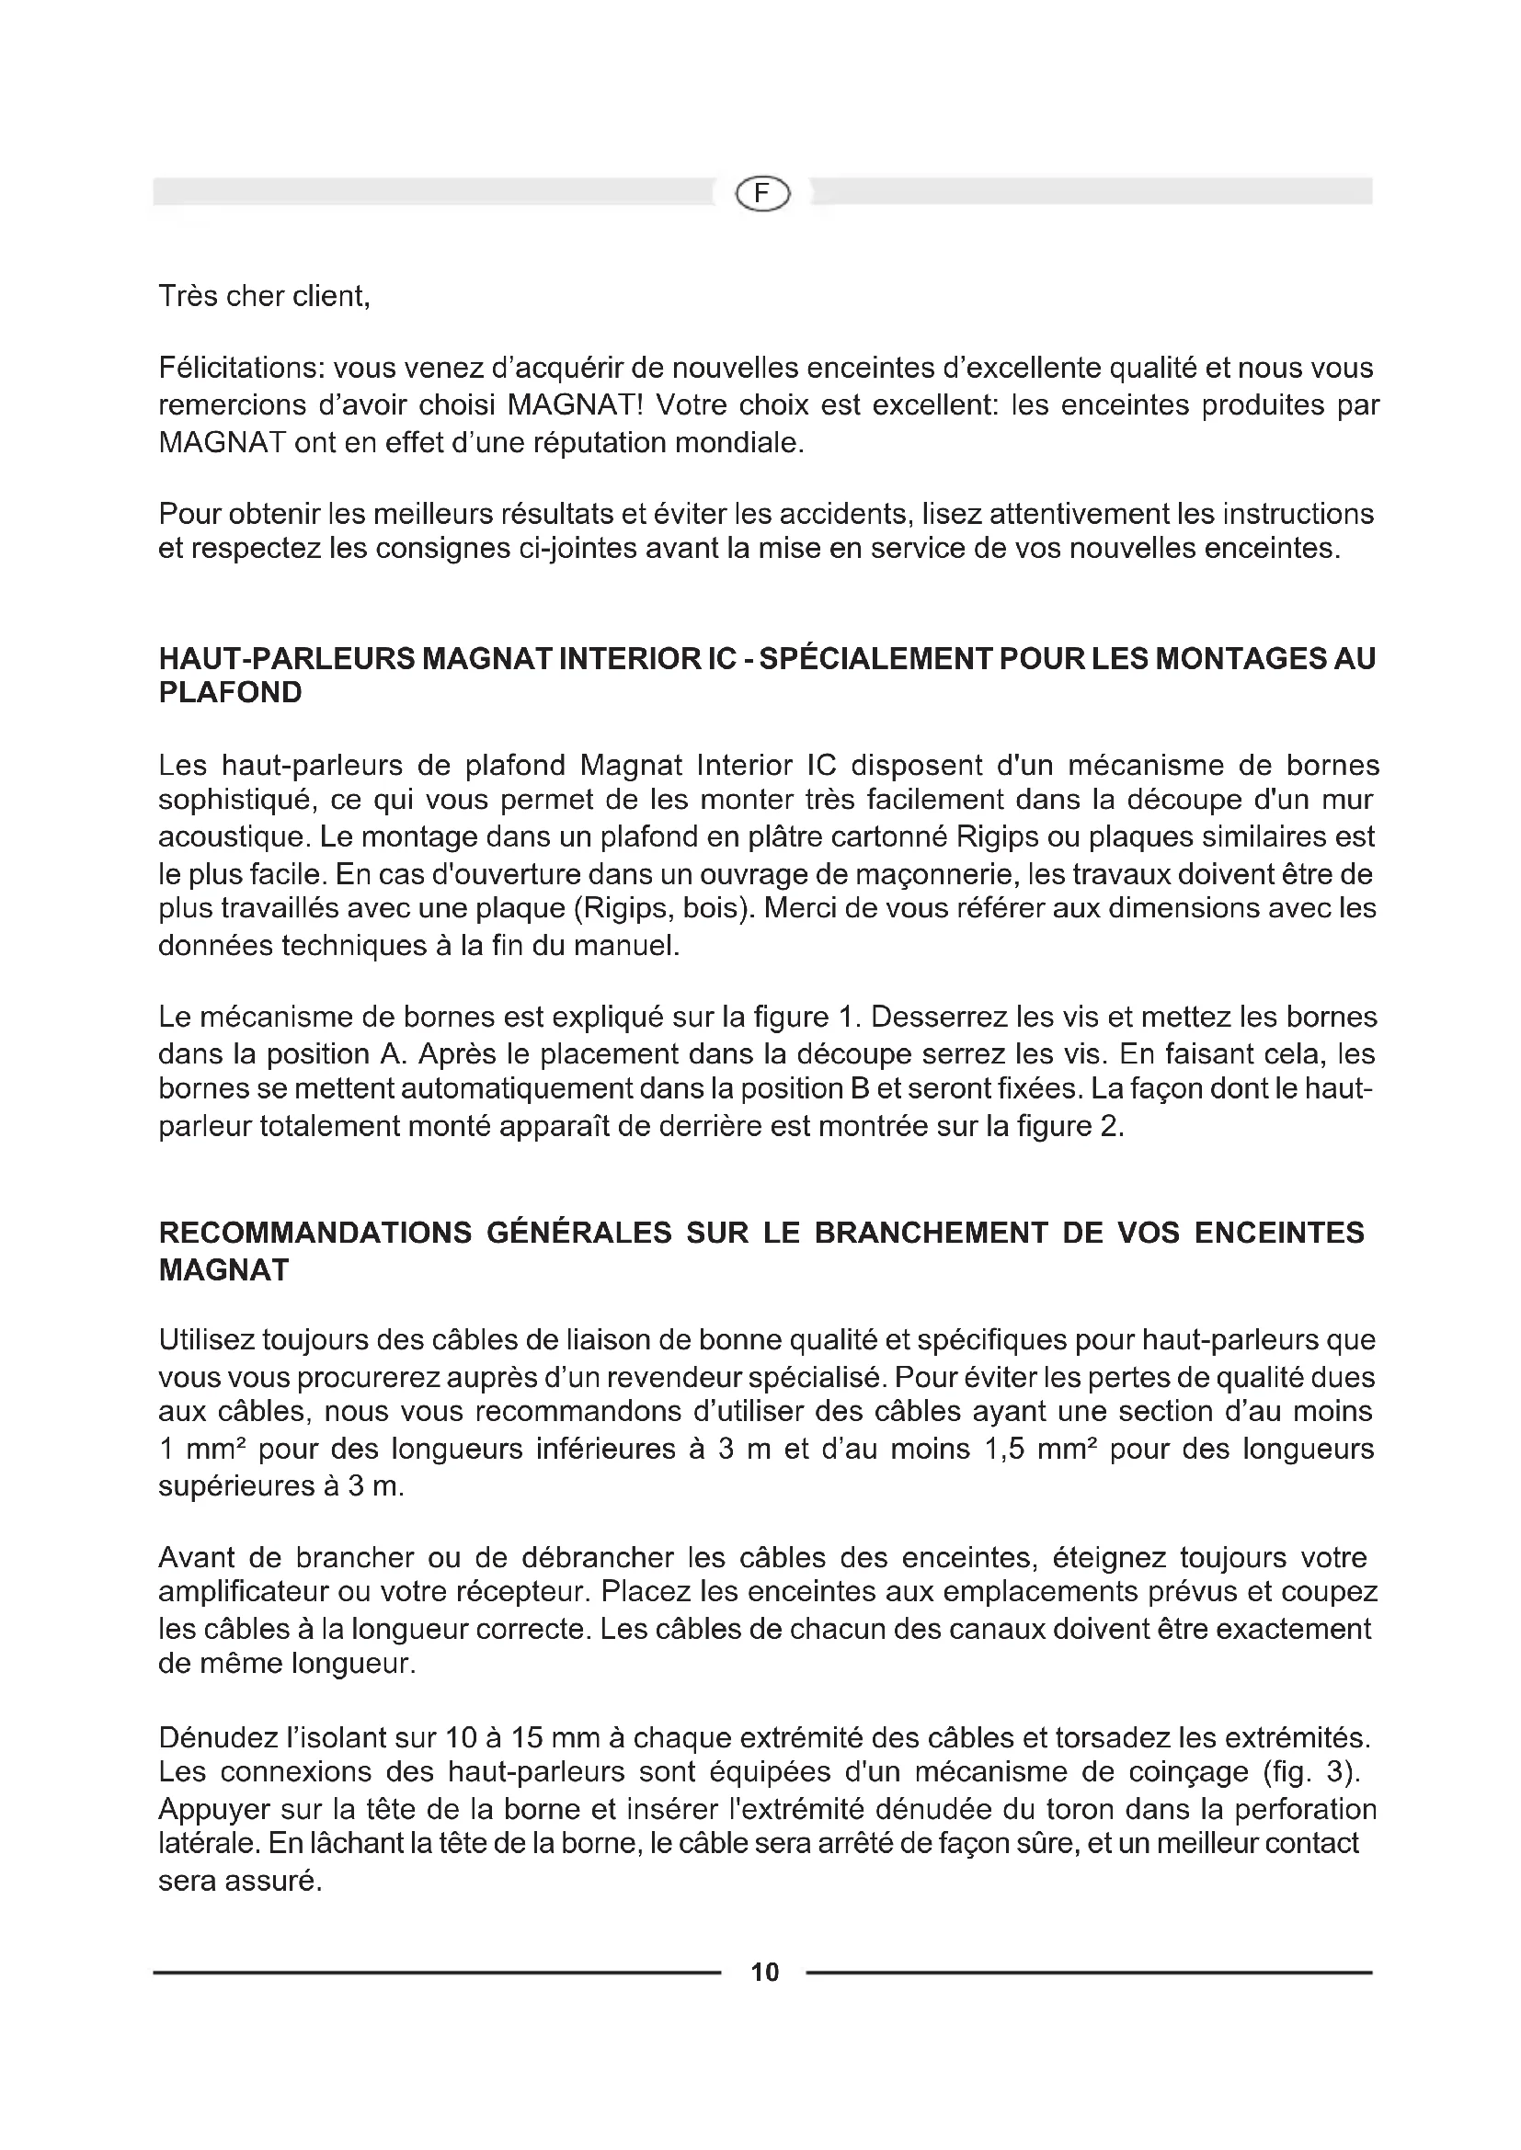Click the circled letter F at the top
tap(763, 194)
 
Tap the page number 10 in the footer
tap(764, 1973)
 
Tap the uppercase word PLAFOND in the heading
tap(231, 693)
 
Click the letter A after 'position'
tap(390, 1054)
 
